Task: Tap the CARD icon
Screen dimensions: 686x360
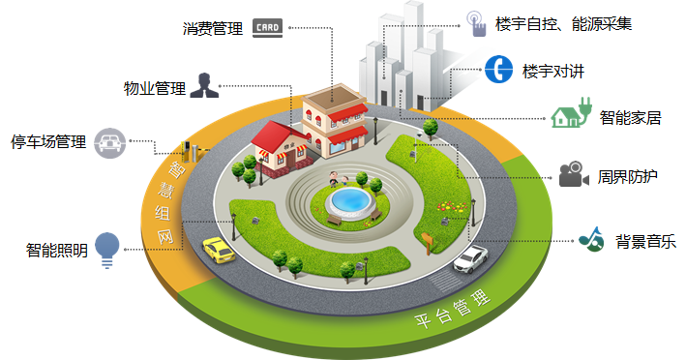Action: pos(266,27)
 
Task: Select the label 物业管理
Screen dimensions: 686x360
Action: pos(154,88)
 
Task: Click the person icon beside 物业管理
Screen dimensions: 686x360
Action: pos(203,86)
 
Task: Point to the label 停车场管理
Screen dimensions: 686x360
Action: pos(48,141)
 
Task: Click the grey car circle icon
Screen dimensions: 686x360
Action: pos(110,142)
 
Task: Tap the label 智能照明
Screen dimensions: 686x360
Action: pos(57,250)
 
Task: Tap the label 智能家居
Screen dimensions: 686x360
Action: pos(630,118)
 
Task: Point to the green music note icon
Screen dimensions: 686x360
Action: pos(590,239)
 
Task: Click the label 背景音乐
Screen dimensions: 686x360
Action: pos(645,241)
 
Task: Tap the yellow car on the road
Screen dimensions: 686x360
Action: pos(218,251)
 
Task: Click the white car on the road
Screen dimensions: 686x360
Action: pos(471,257)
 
